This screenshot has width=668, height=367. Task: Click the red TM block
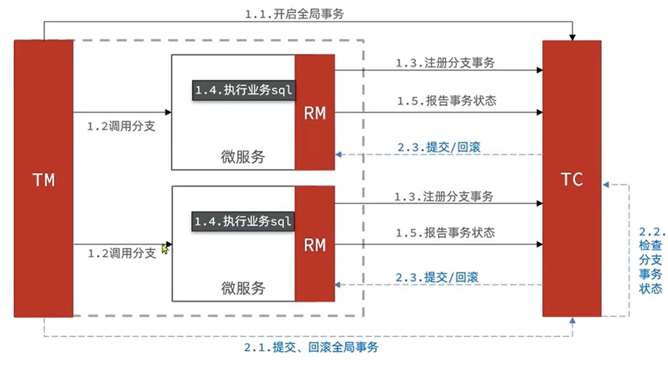coord(43,178)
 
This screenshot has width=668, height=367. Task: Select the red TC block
coord(571,178)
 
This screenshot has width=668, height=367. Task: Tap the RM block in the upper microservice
coord(315,113)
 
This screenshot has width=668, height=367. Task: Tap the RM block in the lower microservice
coord(315,244)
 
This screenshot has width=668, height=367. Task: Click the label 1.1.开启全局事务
coord(294,14)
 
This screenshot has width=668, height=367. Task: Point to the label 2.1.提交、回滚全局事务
coord(312,347)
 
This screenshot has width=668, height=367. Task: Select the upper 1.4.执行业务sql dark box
coord(243,90)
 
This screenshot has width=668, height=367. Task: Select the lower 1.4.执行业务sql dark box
coord(243,221)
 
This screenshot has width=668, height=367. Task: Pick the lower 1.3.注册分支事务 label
coord(444,196)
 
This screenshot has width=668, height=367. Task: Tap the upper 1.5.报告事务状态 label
coord(446,101)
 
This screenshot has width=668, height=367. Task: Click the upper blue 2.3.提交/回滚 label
coord(439,146)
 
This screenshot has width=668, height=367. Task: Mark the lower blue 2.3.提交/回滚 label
coord(437,277)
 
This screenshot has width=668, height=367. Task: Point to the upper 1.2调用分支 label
coord(121,127)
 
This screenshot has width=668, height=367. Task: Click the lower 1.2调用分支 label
coord(121,253)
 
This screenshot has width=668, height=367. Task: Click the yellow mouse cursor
coord(165,248)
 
